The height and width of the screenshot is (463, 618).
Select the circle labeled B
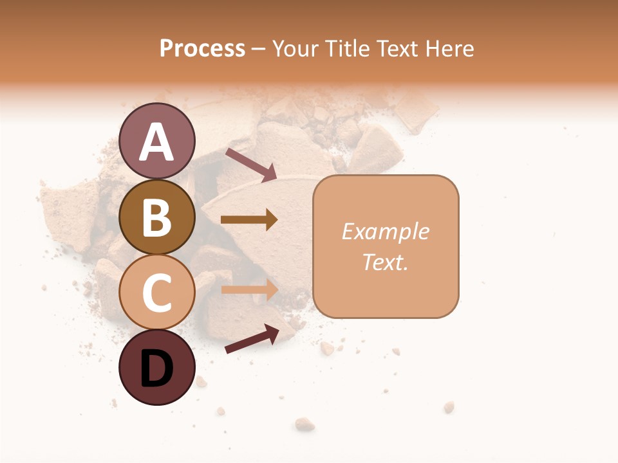(x=157, y=217)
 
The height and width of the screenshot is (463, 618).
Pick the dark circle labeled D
(x=157, y=367)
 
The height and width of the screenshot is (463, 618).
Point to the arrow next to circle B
(x=249, y=219)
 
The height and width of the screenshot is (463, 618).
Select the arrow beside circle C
(x=249, y=289)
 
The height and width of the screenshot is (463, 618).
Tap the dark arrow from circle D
(x=252, y=339)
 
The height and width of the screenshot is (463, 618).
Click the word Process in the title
(x=202, y=48)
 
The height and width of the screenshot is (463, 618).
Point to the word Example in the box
(x=385, y=232)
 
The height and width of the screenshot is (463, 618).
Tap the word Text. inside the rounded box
(x=385, y=262)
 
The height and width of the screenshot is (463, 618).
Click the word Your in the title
(x=295, y=48)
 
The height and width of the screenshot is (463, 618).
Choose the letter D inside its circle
(x=157, y=368)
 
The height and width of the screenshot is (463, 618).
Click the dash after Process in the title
(x=258, y=50)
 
